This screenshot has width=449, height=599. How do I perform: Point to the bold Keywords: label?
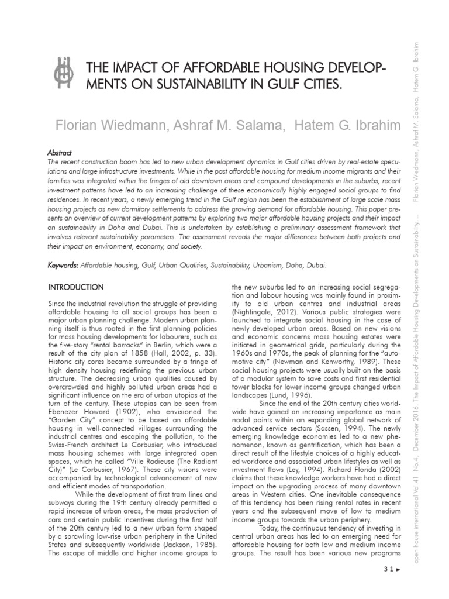coord(63,266)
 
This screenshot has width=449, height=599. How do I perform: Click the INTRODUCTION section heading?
coord(76,287)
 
